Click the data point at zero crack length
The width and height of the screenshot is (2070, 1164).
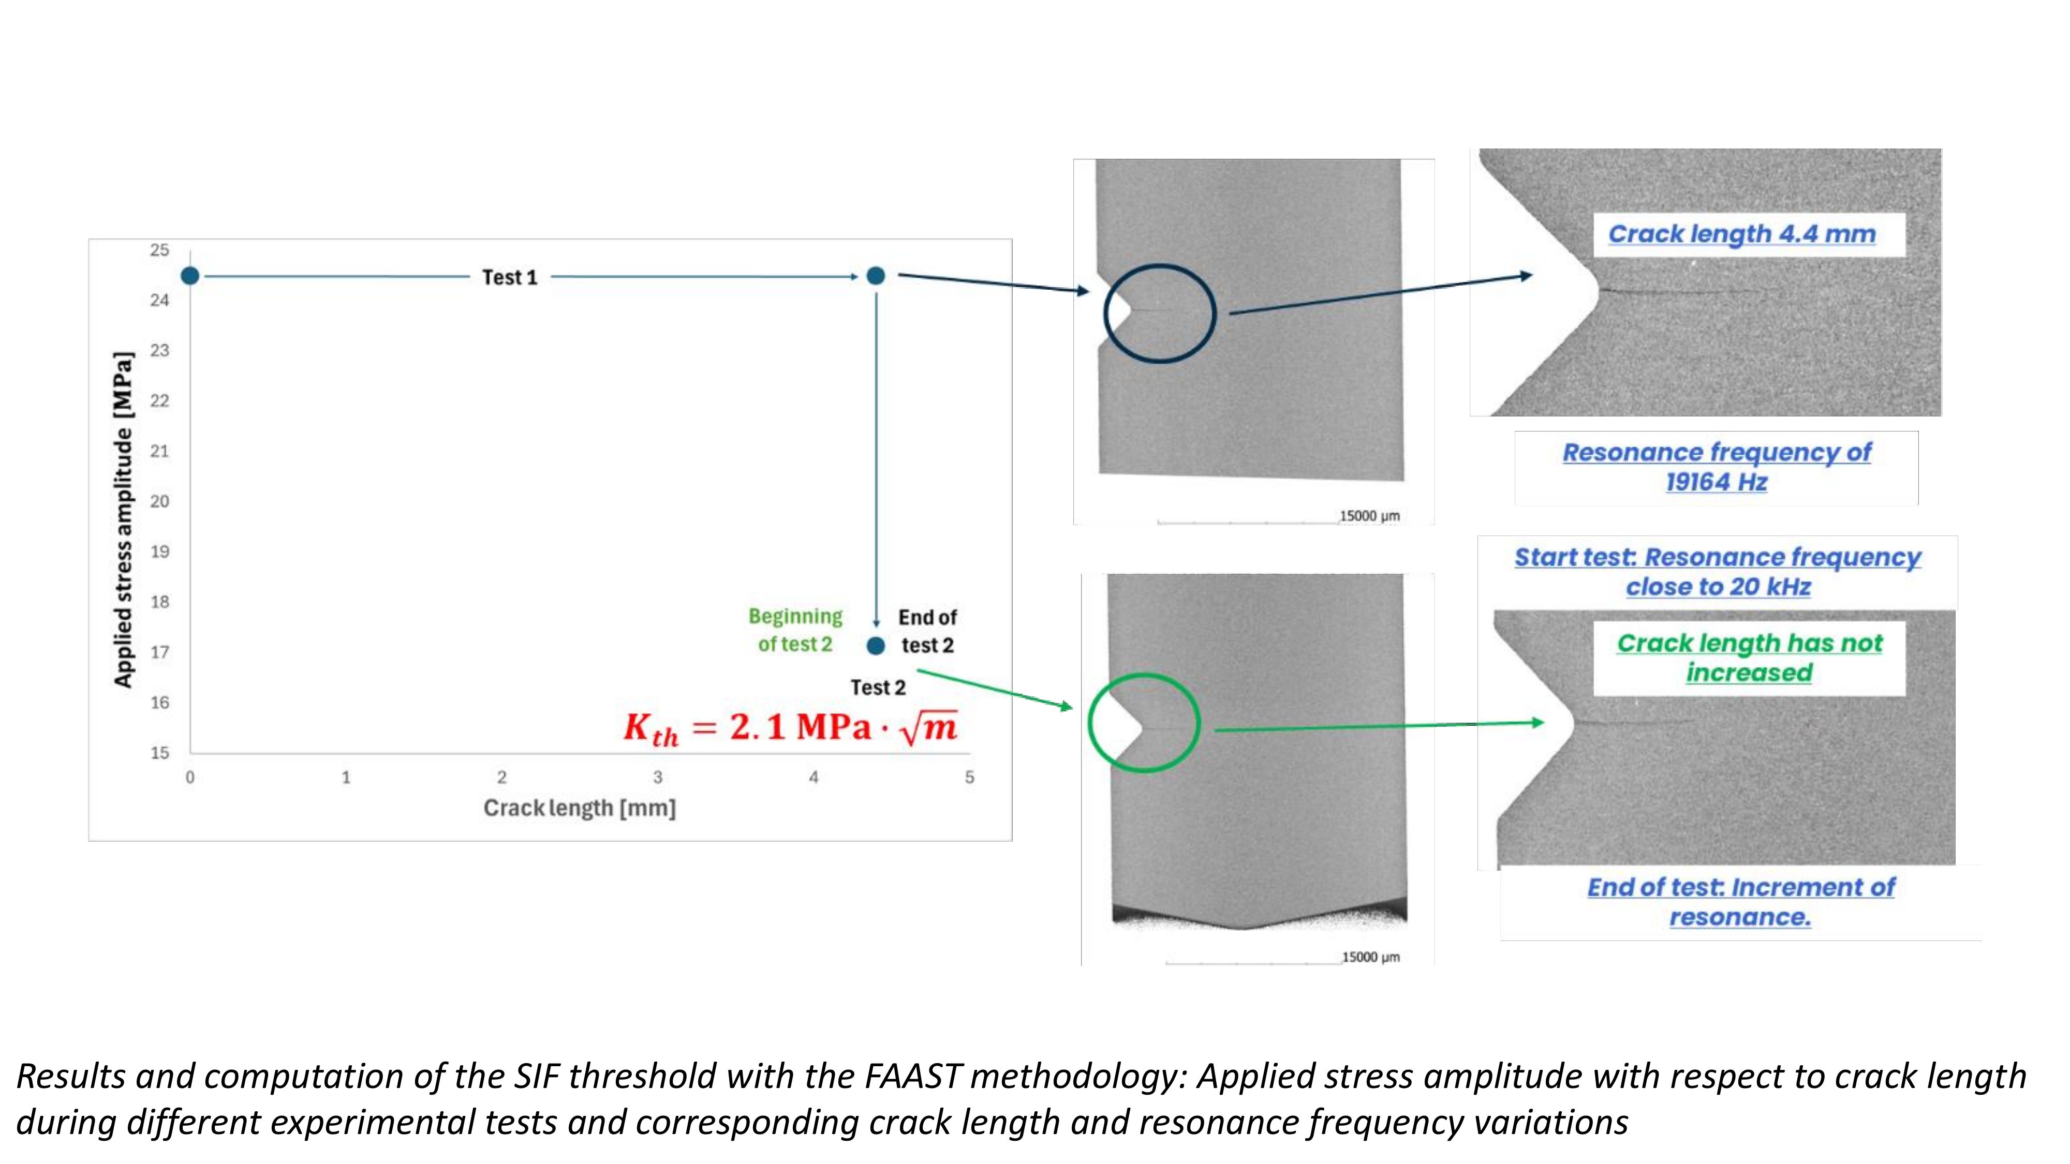(189, 276)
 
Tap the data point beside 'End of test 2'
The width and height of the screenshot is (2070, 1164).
(876, 645)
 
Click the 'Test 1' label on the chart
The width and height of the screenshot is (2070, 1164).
(509, 277)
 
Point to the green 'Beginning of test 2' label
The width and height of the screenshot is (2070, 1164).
(795, 630)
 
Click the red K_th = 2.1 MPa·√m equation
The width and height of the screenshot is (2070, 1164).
(790, 728)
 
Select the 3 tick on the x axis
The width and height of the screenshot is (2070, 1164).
(657, 777)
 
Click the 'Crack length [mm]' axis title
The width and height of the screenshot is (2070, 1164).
(580, 808)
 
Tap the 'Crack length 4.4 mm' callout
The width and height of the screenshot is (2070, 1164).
(1741, 234)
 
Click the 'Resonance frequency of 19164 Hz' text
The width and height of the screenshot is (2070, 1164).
(1717, 467)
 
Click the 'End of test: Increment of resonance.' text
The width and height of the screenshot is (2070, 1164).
(1740, 901)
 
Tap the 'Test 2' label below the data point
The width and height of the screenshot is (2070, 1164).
(878, 688)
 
